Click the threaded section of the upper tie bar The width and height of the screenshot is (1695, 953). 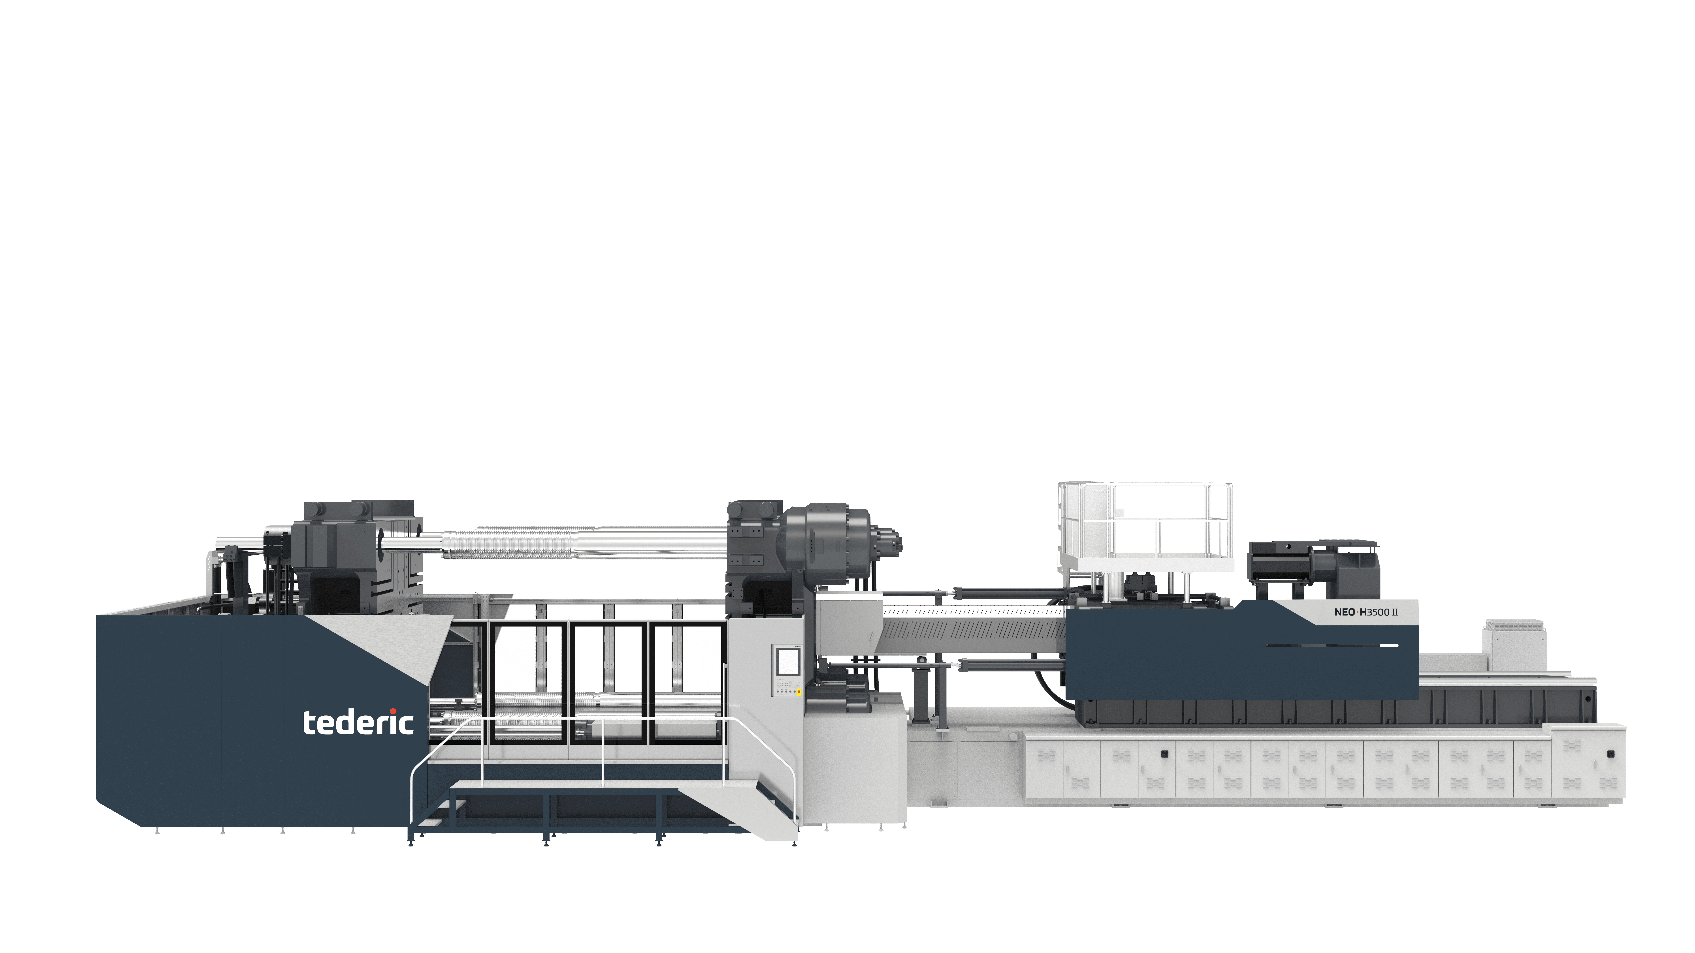pos(526,543)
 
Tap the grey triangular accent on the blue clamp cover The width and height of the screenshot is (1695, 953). pos(388,648)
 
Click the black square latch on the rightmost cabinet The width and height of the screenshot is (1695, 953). pos(1611,754)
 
